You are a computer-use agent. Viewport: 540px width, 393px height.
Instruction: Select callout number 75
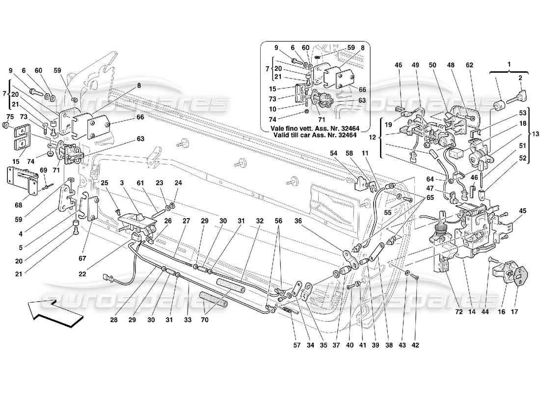[x=10, y=116]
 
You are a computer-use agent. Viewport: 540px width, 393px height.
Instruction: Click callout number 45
[x=523, y=212]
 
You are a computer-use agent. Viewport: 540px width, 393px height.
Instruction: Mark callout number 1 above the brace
[x=509, y=64]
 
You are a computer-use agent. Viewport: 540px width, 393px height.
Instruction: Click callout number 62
[x=469, y=64]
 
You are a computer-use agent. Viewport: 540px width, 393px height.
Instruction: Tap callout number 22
[x=82, y=260]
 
